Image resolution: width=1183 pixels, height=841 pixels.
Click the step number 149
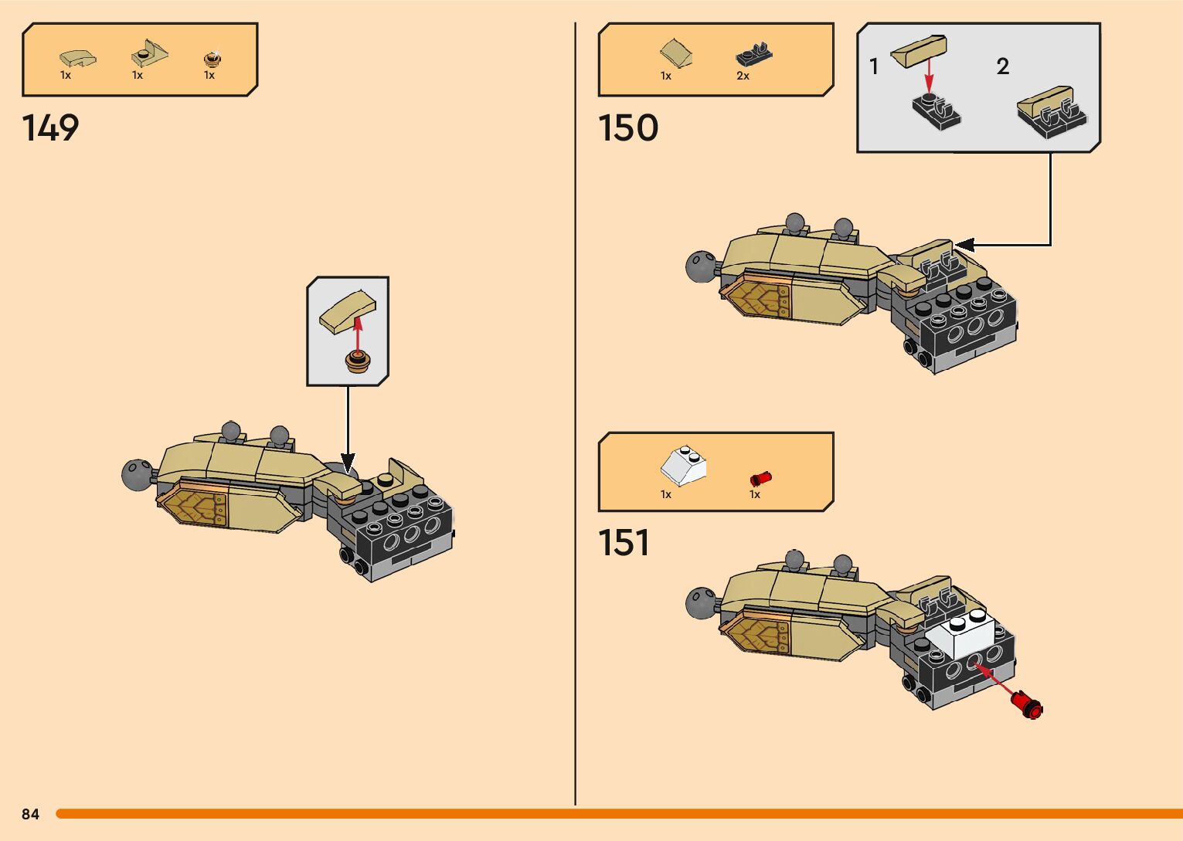(50, 127)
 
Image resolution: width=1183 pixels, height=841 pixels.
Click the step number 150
(628, 127)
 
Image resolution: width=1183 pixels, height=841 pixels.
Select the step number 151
(624, 542)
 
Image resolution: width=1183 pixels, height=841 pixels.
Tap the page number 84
(30, 814)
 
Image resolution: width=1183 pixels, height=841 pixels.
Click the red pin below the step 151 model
(1028, 704)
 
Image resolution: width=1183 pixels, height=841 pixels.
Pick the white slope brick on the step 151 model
(960, 632)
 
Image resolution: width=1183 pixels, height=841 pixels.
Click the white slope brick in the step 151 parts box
(683, 465)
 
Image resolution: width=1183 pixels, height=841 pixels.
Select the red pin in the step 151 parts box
(760, 479)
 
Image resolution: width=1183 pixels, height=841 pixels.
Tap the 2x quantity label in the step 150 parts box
(743, 76)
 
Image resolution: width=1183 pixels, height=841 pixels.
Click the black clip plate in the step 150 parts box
(754, 54)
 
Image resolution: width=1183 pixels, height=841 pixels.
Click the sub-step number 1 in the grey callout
(874, 66)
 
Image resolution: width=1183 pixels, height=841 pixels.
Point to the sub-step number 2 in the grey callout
(1002, 66)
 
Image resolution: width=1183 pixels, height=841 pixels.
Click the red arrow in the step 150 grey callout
(929, 76)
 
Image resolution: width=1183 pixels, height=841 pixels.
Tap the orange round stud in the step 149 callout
(357, 361)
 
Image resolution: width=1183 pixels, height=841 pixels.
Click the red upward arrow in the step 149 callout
(358, 332)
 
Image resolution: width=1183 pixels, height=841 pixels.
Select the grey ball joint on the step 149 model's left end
(138, 473)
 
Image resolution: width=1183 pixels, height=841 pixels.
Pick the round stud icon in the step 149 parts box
(211, 58)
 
